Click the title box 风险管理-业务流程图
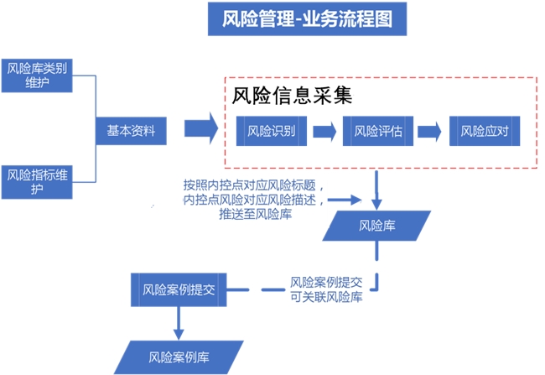point(307,18)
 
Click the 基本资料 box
point(130,130)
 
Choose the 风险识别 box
point(270,131)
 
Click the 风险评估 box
point(378,131)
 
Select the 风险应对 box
point(485,131)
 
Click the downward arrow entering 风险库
point(378,190)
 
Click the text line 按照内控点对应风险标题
point(252,185)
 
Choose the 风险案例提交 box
point(179,289)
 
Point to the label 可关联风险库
point(327,297)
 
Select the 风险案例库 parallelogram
point(179,357)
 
